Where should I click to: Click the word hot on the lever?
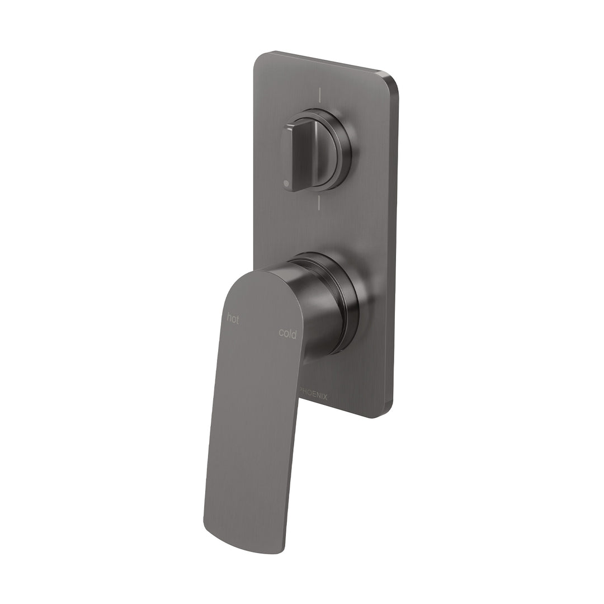pyautogui.click(x=233, y=319)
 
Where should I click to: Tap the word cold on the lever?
pyautogui.click(x=288, y=333)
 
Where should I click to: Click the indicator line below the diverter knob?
pyautogui.click(x=318, y=202)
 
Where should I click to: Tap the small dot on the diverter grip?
pyautogui.click(x=287, y=183)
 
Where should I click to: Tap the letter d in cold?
pyautogui.click(x=294, y=333)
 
